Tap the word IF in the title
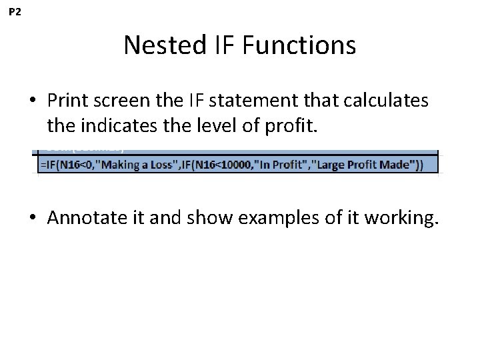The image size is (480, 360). coord(222,46)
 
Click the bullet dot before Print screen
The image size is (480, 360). coord(33,101)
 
